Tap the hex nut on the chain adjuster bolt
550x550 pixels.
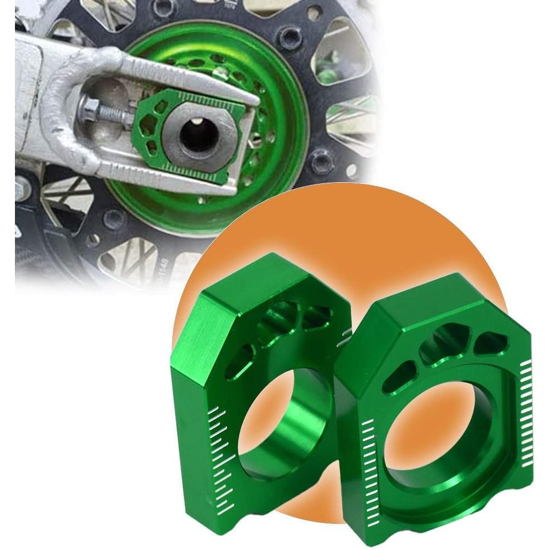(x=89, y=105)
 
